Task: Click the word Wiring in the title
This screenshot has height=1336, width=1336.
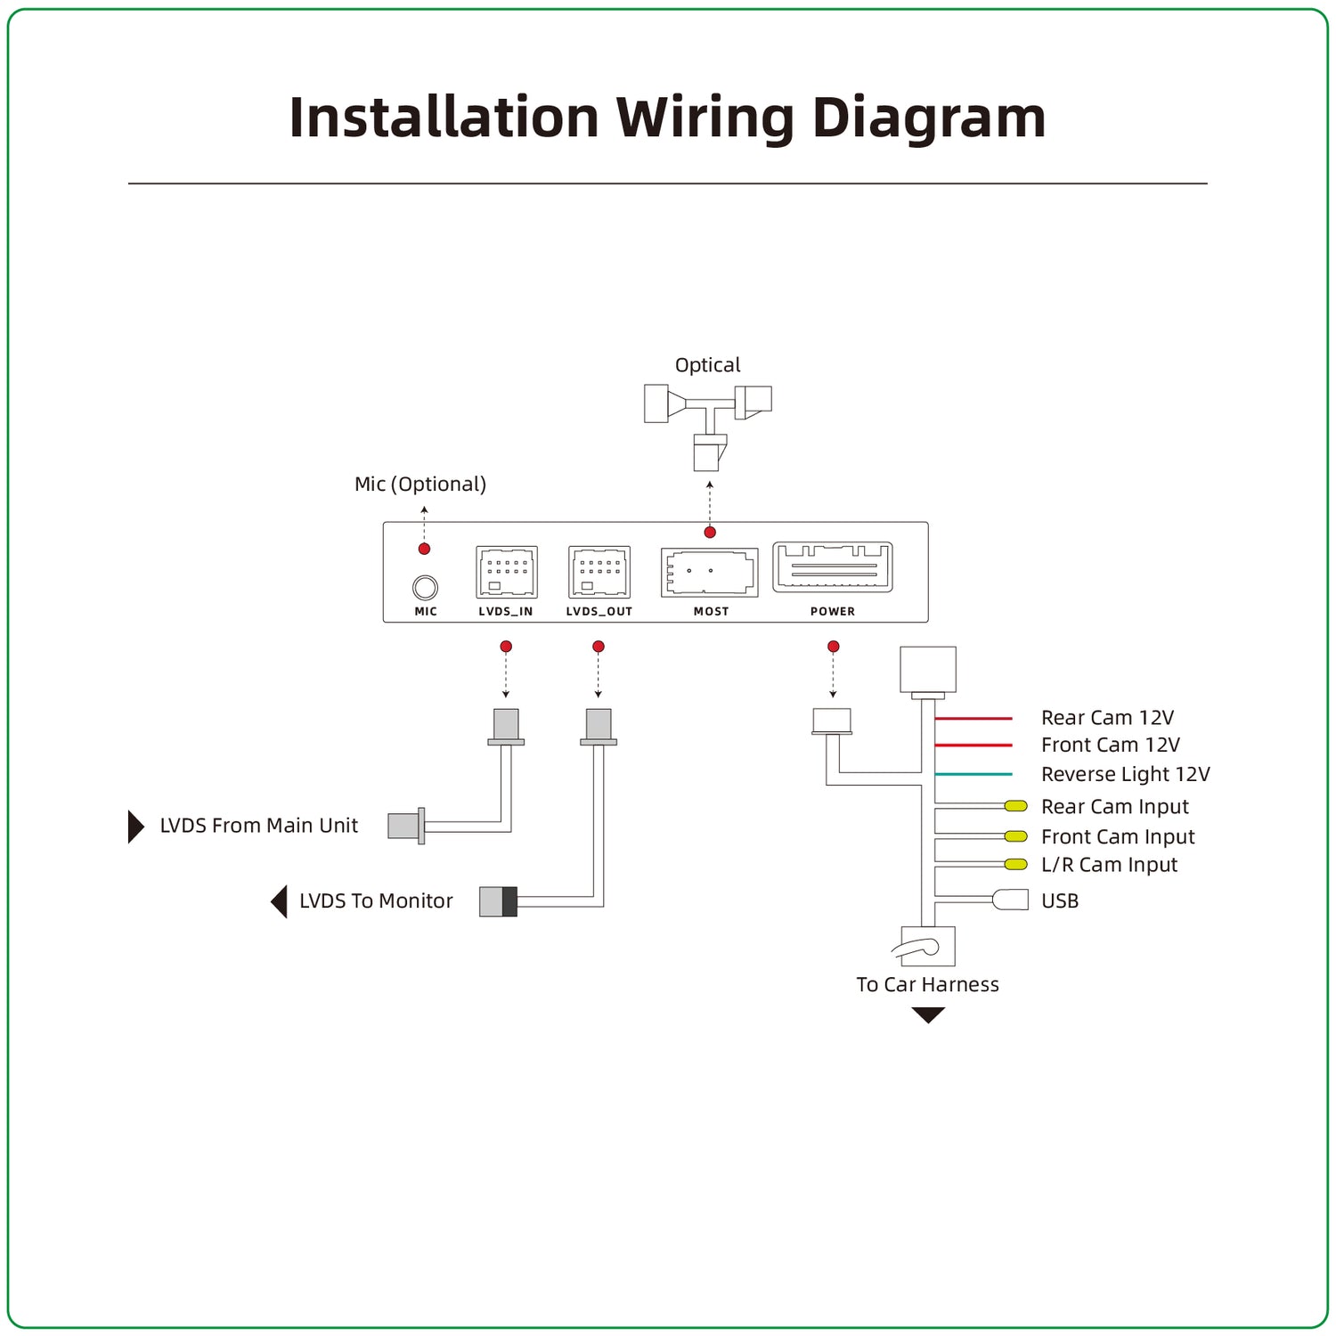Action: pos(705,118)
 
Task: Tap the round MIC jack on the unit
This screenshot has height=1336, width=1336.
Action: pos(426,587)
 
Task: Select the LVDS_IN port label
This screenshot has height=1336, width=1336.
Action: pos(506,612)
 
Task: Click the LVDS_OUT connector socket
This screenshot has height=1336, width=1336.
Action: pos(599,572)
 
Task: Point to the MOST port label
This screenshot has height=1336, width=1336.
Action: pos(711,612)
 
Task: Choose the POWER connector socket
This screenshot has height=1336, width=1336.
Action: pos(833,567)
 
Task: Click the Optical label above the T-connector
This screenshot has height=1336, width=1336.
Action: pos(707,365)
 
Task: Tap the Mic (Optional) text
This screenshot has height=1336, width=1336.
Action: pos(420,485)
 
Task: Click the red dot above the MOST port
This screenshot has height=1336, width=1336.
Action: pos(710,533)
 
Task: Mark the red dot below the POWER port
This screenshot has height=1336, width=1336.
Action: pos(833,647)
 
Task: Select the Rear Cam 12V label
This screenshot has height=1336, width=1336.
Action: pos(1107,718)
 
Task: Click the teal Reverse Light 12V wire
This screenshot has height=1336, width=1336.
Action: pos(973,774)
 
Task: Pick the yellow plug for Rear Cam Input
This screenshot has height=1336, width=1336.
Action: pos(1016,806)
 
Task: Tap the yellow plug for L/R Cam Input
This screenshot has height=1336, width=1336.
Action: pos(1016,864)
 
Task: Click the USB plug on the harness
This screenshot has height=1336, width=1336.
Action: pos(1011,900)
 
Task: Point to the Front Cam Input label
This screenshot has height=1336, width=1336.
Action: pos(1118,837)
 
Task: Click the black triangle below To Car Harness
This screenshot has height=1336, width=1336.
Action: pos(928,1014)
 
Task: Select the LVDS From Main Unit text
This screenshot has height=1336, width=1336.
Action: pos(258,826)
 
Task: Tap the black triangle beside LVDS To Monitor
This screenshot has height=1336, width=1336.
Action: pos(280,901)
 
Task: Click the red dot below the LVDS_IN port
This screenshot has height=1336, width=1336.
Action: pos(506,647)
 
